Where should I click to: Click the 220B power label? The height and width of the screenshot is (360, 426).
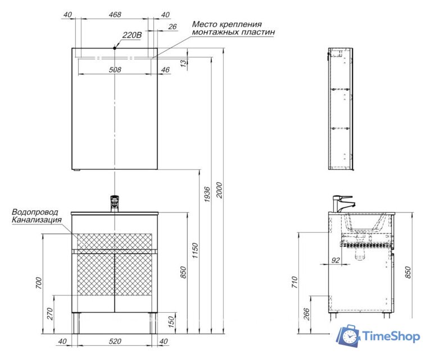click(132, 35)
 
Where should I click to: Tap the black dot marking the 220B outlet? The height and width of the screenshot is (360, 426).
click(115, 48)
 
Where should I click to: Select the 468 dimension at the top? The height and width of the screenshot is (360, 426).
click(115, 15)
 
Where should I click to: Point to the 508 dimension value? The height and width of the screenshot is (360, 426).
click(115, 70)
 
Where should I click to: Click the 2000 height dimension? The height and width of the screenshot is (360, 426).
click(219, 190)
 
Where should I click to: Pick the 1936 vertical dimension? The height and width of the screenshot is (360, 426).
click(207, 194)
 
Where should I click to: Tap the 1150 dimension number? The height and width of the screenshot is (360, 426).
click(195, 251)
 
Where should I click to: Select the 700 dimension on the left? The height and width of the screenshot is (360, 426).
click(39, 283)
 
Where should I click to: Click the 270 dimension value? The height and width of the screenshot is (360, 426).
click(50, 314)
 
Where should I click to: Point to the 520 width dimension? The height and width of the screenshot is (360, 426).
click(115, 341)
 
